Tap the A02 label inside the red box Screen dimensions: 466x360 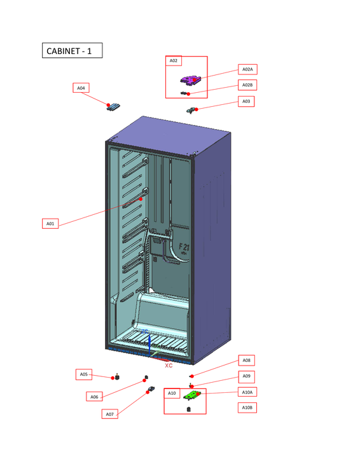(x=174, y=61)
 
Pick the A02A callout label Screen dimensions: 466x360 (x=247, y=69)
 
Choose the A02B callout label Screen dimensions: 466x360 (x=247, y=85)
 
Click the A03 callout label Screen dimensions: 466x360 (x=246, y=101)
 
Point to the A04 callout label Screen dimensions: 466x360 (x=81, y=88)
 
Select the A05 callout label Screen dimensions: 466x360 (x=84, y=374)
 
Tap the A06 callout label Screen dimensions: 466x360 (x=94, y=397)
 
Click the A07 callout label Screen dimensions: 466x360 (x=109, y=414)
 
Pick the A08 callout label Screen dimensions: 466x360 (x=247, y=360)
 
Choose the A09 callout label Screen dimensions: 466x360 (x=247, y=376)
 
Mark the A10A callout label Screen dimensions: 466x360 (x=247, y=392)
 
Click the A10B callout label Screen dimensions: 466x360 (x=247, y=408)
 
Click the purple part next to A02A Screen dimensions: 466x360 (x=191, y=79)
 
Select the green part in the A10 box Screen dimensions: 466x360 (x=191, y=395)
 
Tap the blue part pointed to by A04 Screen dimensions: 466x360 (x=113, y=107)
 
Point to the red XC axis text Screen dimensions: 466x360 (x=169, y=366)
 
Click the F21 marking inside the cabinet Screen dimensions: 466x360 (x=184, y=246)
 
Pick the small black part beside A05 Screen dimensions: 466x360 (x=117, y=376)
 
